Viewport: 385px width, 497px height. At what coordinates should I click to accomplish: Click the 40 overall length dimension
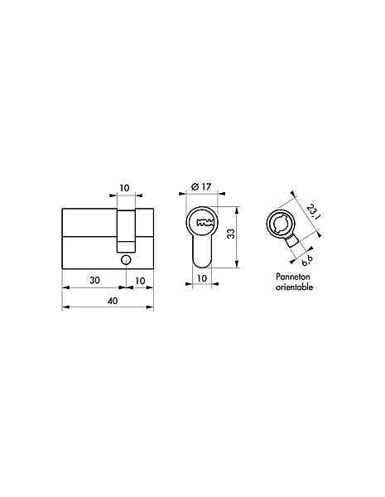click(x=112, y=300)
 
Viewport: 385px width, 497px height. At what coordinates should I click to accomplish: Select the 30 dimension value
click(x=94, y=280)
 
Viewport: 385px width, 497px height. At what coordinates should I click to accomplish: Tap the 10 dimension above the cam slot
click(x=124, y=188)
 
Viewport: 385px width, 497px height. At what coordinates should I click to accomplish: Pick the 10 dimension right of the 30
click(x=140, y=281)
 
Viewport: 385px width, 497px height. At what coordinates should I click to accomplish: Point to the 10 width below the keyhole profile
click(x=201, y=278)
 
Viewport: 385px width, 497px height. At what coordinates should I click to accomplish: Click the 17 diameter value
click(x=206, y=186)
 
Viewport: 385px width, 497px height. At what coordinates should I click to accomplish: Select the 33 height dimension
click(x=231, y=234)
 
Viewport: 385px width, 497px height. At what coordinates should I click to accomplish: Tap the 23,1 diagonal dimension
click(x=314, y=212)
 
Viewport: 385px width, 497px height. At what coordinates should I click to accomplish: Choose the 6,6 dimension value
click(x=306, y=260)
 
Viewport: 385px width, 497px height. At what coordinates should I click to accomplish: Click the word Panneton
click(x=293, y=277)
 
